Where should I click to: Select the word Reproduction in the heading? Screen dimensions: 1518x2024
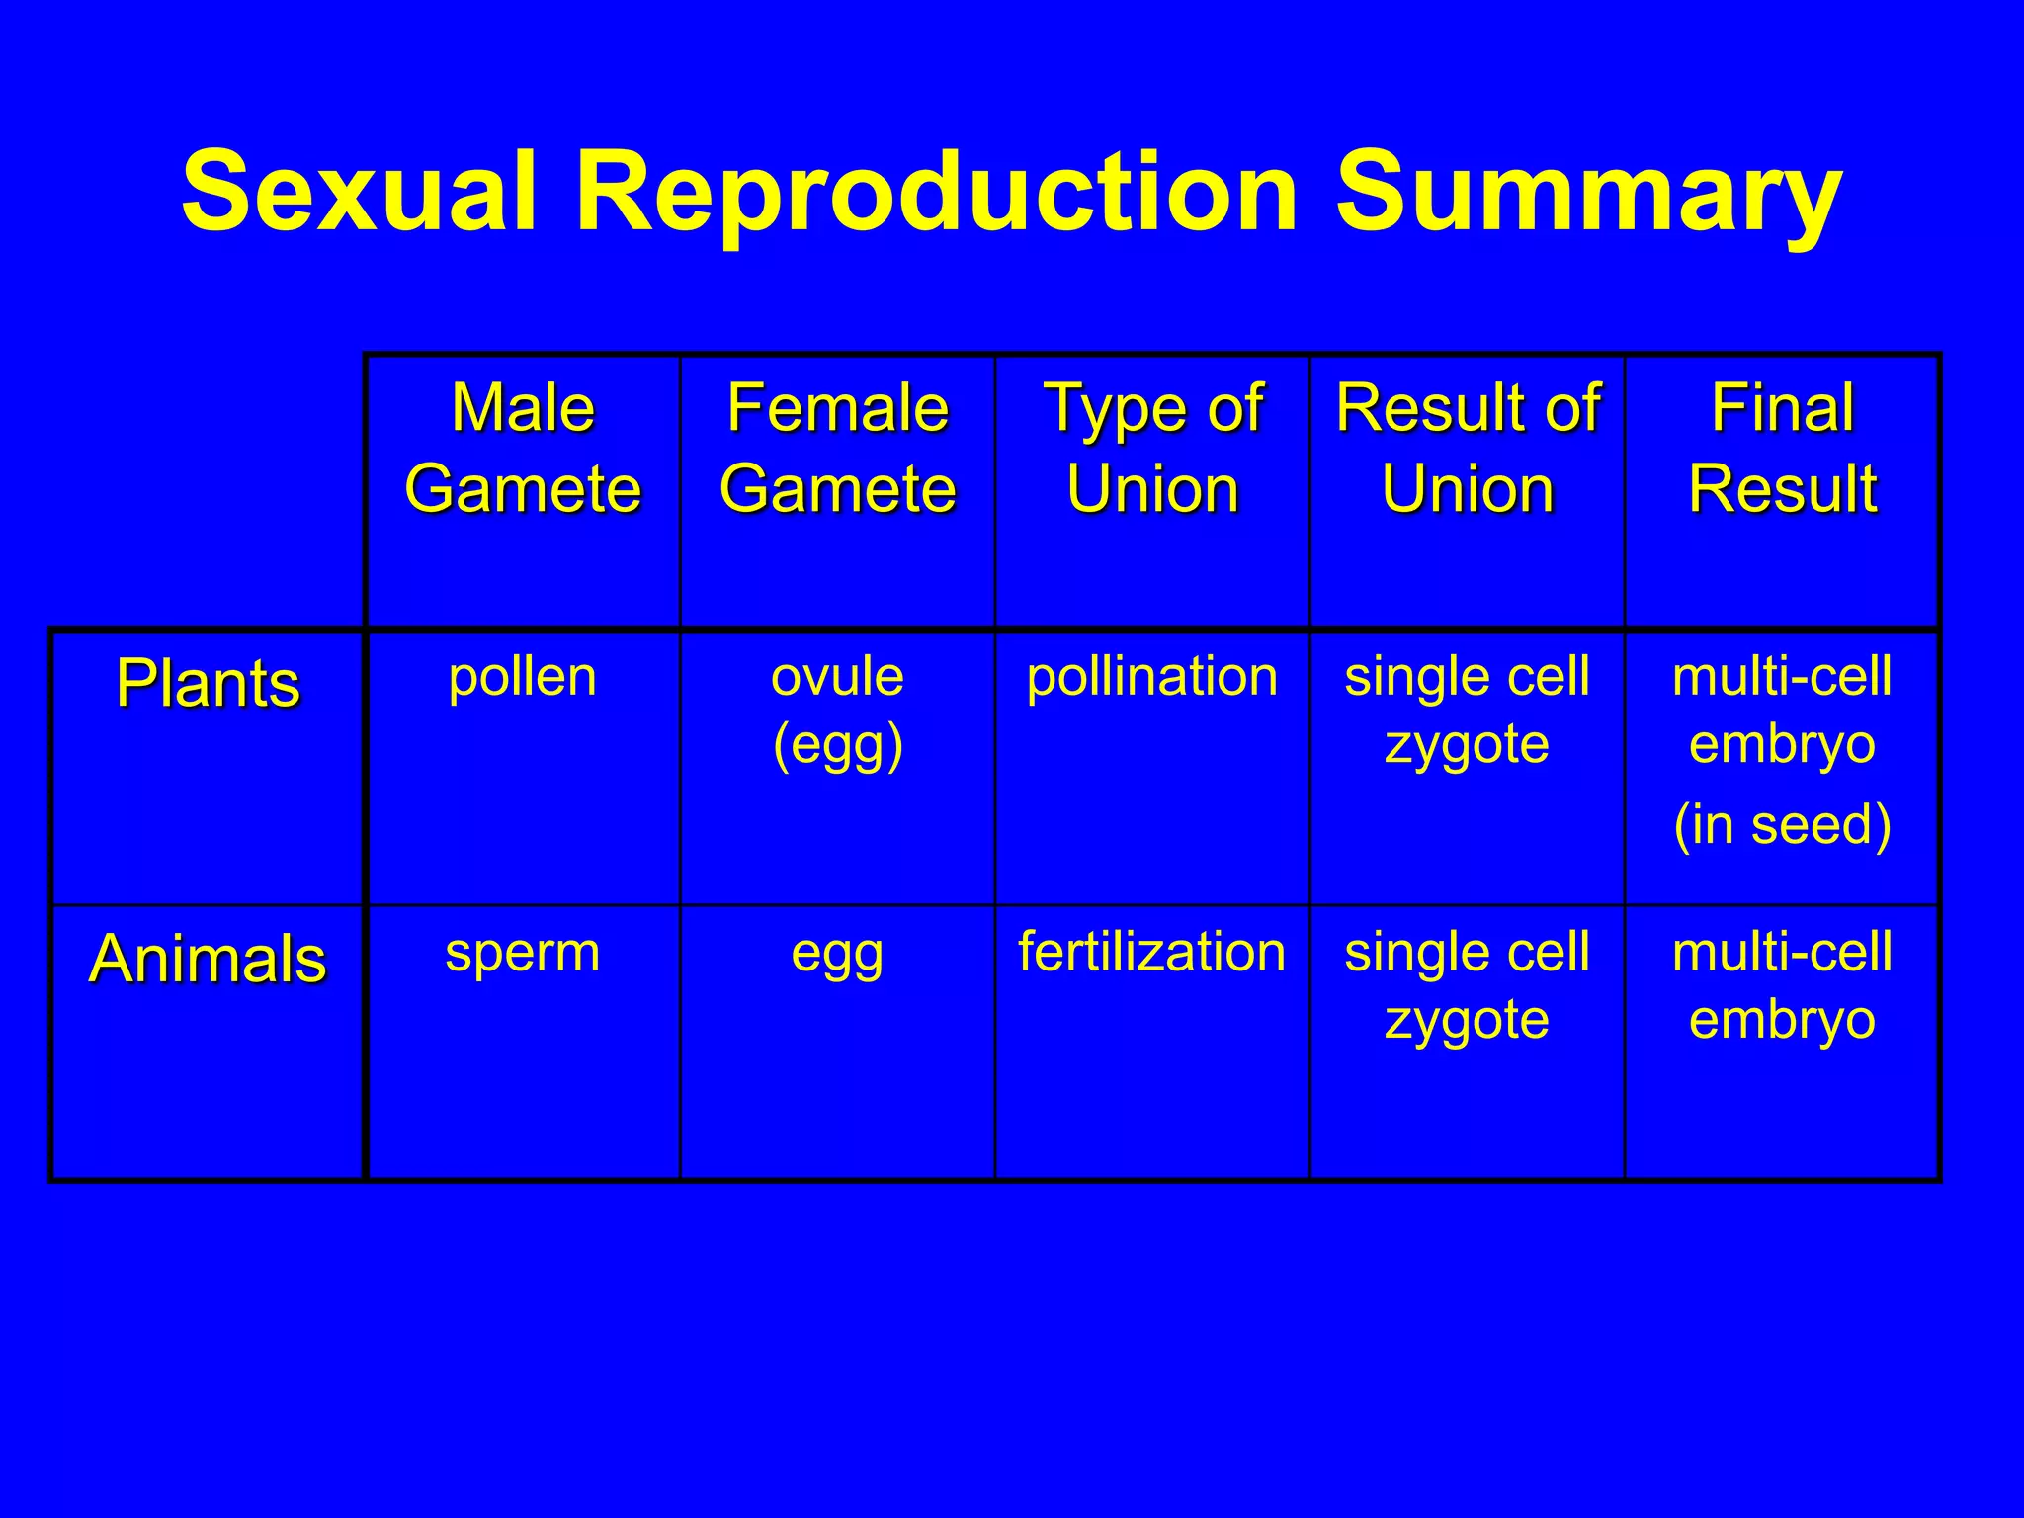pos(936,193)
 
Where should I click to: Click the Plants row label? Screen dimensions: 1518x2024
pos(208,683)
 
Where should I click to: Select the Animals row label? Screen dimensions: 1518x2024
pos(208,959)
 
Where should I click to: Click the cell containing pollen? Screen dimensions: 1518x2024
pos(523,678)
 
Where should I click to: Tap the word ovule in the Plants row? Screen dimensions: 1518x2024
pos(837,678)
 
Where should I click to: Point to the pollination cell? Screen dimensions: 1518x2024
pos(1152,678)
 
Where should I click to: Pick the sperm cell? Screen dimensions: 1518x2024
pos(523,954)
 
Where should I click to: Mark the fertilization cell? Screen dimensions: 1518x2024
pos(1152,952)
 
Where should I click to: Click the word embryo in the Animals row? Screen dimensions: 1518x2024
pos(1782,1020)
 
